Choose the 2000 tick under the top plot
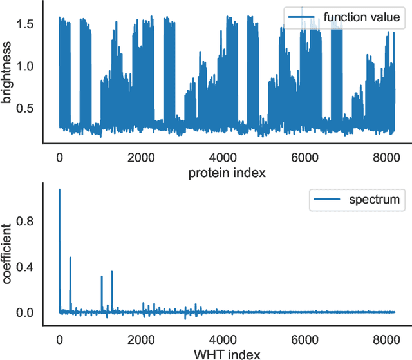[141, 156]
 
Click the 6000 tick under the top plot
[306, 156]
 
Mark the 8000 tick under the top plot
[388, 156]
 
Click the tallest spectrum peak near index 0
[59, 190]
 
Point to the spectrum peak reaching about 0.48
[70, 258]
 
